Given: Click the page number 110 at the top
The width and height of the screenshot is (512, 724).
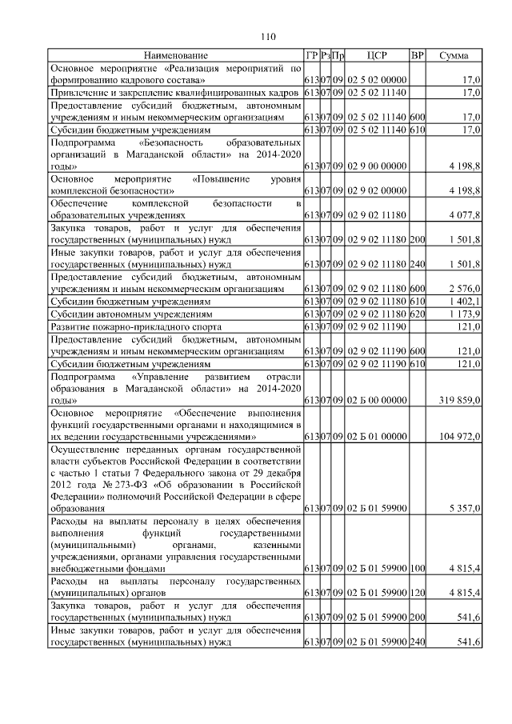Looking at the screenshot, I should [268, 35].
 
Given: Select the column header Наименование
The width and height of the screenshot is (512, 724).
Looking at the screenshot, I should [175, 55].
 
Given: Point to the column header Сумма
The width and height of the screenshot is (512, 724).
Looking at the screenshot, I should [454, 55].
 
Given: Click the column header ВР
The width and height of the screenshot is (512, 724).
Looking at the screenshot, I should [417, 55].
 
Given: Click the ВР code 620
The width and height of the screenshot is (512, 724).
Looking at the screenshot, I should [417, 314].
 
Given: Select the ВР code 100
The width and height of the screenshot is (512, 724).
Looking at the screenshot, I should [417, 569].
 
